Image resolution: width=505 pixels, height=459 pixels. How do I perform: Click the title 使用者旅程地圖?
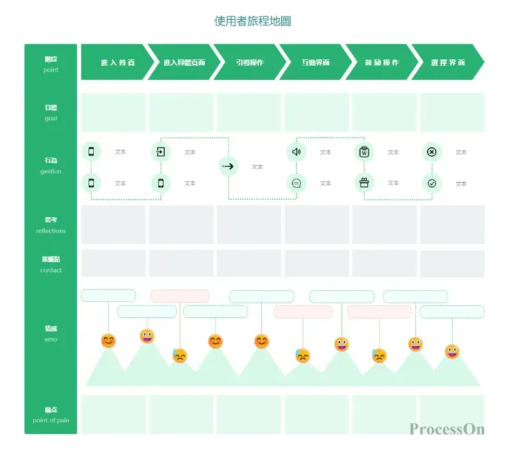[252, 21]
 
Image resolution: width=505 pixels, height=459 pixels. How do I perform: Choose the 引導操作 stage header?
[250, 62]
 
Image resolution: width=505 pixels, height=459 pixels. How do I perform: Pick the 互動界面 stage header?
[316, 62]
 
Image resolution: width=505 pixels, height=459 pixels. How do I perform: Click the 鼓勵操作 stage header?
[381, 62]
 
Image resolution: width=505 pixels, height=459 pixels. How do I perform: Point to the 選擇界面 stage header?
[448, 62]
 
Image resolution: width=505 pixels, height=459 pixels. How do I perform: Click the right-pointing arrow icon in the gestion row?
[229, 166]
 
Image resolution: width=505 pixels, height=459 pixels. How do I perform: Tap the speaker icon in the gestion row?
[296, 151]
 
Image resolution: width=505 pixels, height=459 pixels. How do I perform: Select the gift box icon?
[364, 182]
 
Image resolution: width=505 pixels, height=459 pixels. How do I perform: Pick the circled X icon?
[431, 151]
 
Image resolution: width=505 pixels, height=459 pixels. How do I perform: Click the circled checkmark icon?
[431, 183]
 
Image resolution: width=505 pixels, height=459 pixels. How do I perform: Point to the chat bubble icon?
[296, 183]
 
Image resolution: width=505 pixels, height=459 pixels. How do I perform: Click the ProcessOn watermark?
[447, 429]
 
